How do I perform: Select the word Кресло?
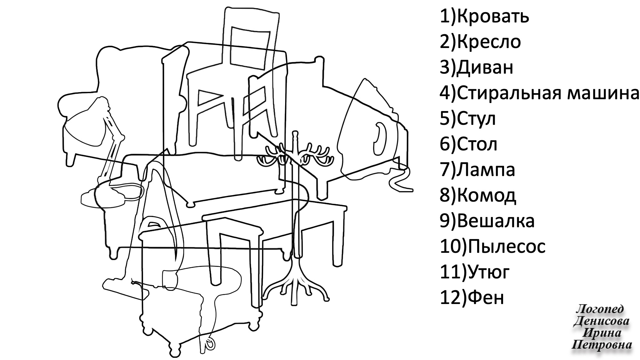pyautogui.click(x=489, y=42)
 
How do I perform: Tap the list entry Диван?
pyautogui.click(x=485, y=68)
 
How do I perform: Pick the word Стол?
pyautogui.click(x=477, y=144)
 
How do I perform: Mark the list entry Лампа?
pyautogui.click(x=486, y=170)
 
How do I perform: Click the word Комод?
pyautogui.click(x=486, y=196)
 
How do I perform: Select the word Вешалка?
pyautogui.click(x=496, y=221)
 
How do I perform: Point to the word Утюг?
pyautogui.click(x=488, y=272)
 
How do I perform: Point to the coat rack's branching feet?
pyautogui.click(x=294, y=285)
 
